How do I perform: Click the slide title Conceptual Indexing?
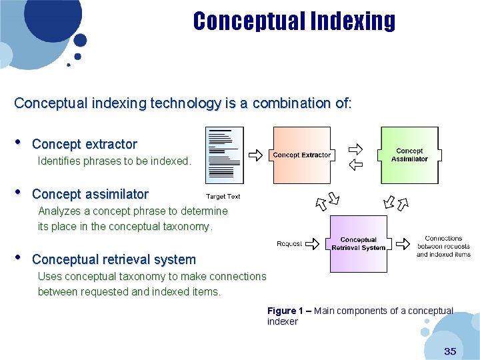tap(294, 21)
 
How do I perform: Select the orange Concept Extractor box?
tap(301, 155)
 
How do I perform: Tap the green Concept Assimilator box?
tap(409, 155)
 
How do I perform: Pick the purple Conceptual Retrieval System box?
tap(358, 243)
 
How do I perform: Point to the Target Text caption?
tap(223, 197)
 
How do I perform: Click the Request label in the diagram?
tap(289, 244)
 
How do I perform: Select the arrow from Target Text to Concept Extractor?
tap(255, 155)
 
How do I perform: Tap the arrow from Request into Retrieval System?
tap(317, 244)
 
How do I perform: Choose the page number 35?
tap(450, 351)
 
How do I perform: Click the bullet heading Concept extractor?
tap(85, 144)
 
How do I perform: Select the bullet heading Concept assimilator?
tap(90, 194)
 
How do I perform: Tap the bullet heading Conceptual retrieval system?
tap(114, 259)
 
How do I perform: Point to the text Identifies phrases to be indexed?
tap(115, 161)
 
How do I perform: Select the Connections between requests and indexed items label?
tap(443, 246)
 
